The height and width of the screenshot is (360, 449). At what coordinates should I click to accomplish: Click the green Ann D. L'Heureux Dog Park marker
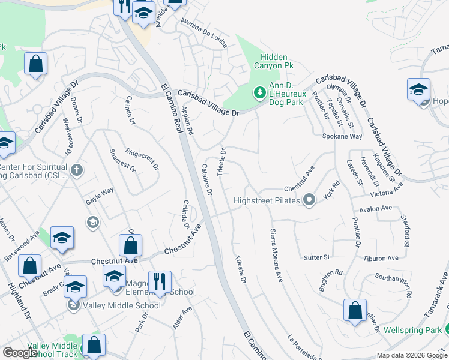point(260,93)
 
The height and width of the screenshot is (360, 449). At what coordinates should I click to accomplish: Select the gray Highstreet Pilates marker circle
point(309,199)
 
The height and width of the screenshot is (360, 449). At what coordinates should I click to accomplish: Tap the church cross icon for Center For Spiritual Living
point(76,170)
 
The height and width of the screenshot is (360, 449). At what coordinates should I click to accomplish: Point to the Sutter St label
point(318,257)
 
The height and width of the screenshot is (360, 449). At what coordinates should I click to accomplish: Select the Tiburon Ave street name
point(381,258)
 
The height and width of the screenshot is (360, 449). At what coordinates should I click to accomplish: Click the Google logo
point(20,353)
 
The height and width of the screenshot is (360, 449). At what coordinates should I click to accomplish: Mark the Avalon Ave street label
point(375,209)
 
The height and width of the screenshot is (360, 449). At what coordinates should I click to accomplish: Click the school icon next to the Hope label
point(418,90)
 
